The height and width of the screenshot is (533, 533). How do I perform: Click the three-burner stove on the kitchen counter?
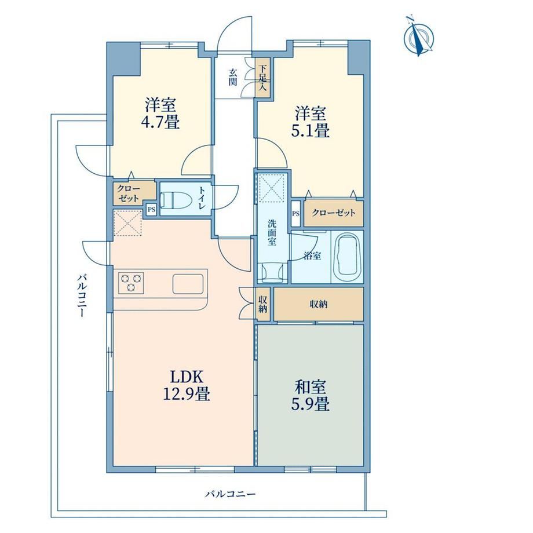[131, 283]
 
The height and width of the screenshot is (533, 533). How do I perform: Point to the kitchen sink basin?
[188, 284]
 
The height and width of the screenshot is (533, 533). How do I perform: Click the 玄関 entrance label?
[233, 78]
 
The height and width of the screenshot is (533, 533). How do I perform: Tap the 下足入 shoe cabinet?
[262, 78]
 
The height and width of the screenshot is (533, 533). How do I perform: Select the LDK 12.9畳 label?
[187, 386]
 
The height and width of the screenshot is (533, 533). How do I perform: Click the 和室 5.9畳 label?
[311, 396]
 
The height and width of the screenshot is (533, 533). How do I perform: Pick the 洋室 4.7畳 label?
[160, 113]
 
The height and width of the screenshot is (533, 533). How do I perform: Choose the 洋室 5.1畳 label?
[311, 122]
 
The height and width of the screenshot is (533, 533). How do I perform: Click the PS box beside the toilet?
[151, 210]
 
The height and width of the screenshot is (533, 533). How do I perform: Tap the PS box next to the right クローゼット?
[295, 214]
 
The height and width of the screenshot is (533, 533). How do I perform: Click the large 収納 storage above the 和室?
[319, 304]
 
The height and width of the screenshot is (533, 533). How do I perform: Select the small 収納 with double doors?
[262, 304]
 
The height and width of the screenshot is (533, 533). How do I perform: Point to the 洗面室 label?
[272, 232]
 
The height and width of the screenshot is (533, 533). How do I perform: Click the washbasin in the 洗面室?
[272, 273]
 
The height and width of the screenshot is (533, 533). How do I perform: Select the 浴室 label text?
[312, 255]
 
